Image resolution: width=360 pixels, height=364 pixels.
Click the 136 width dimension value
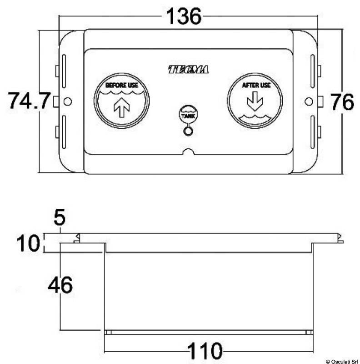(x=184, y=16)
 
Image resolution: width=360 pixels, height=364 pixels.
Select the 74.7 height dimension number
(x=29, y=101)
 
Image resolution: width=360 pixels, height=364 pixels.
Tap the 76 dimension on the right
(x=342, y=101)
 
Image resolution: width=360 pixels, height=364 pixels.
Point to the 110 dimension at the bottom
(x=205, y=350)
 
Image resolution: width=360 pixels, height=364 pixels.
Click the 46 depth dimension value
(x=60, y=285)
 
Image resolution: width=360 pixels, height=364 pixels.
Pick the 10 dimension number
(x=28, y=243)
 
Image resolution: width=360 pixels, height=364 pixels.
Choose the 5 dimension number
(x=60, y=217)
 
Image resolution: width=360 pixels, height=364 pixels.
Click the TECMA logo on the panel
(x=188, y=70)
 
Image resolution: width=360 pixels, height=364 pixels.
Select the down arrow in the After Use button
(x=255, y=101)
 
